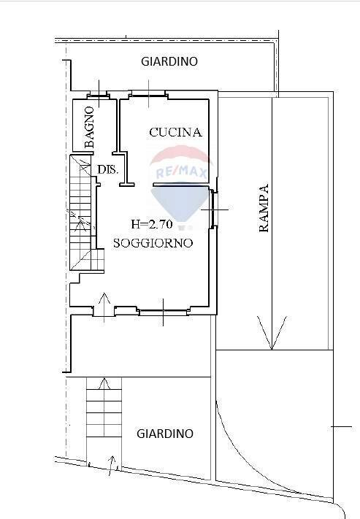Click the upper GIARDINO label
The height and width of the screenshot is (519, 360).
(x=169, y=62)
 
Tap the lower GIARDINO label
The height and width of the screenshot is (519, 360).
(x=165, y=434)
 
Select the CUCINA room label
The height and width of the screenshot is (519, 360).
(x=175, y=132)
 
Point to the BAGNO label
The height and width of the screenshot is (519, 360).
(x=89, y=128)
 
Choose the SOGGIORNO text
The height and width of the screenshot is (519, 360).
(x=153, y=242)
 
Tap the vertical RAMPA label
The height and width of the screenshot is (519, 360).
(x=264, y=208)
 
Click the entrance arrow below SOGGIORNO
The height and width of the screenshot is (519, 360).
(x=104, y=303)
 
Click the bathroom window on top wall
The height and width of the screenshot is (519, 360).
(x=96, y=93)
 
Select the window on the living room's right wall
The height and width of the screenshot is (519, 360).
(x=212, y=209)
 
